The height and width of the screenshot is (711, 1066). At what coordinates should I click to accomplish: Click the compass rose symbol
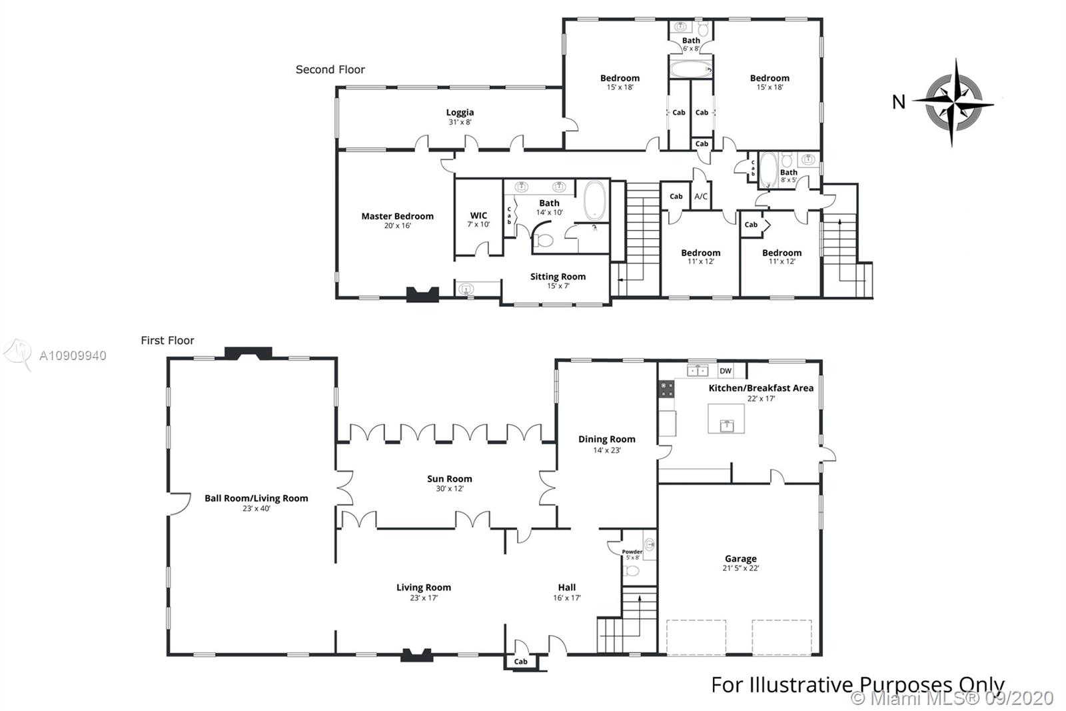click(953, 103)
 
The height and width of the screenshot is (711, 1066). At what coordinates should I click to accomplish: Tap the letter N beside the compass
click(899, 102)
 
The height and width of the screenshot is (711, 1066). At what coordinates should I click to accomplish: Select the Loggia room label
click(460, 113)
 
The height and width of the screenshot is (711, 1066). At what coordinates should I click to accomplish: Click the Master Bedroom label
click(397, 216)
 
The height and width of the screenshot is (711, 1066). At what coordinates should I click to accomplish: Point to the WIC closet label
click(478, 215)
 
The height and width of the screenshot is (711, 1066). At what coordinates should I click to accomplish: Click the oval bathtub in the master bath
click(596, 201)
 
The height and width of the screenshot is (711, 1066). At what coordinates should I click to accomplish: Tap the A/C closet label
click(701, 196)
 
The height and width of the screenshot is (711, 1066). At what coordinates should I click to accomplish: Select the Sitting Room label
click(558, 277)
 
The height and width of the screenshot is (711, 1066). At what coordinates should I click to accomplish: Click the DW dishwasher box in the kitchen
click(726, 371)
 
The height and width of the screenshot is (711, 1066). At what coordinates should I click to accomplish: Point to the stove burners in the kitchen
click(666, 388)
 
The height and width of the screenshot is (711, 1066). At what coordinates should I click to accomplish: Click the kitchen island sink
click(727, 425)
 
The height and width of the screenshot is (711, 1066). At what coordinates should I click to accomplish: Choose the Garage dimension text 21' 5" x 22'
click(740, 568)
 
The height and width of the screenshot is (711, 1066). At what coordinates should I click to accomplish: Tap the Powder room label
click(632, 552)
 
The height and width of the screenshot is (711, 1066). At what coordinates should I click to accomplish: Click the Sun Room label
click(449, 479)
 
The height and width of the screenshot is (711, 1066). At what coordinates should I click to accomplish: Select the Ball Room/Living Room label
click(257, 498)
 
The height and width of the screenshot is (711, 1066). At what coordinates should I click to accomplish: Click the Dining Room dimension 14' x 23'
click(607, 450)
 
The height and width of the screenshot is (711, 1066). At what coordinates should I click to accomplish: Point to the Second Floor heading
click(330, 69)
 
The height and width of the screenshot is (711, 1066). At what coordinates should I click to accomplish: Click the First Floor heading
click(167, 340)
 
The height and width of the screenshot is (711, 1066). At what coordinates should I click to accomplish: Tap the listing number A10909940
click(73, 355)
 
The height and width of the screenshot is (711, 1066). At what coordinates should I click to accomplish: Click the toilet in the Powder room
click(632, 570)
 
